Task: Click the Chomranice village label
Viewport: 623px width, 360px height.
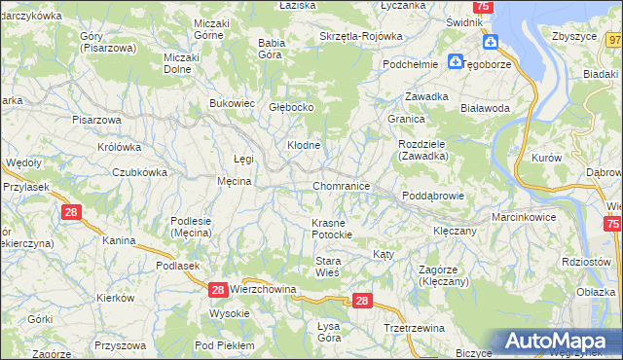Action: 341,185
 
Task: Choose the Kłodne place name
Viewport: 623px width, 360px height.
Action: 304,145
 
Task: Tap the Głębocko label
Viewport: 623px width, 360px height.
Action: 291,108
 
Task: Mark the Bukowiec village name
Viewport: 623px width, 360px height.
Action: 233,102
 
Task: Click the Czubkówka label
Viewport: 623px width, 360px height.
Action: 139,171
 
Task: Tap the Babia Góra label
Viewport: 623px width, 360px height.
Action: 271,49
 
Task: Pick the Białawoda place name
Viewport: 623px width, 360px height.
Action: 485,109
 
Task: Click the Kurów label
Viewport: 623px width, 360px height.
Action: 547,157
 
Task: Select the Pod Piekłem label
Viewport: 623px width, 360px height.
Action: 224,345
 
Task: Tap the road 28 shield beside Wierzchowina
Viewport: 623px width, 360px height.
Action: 218,290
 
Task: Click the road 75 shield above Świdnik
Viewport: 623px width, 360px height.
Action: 484,7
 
